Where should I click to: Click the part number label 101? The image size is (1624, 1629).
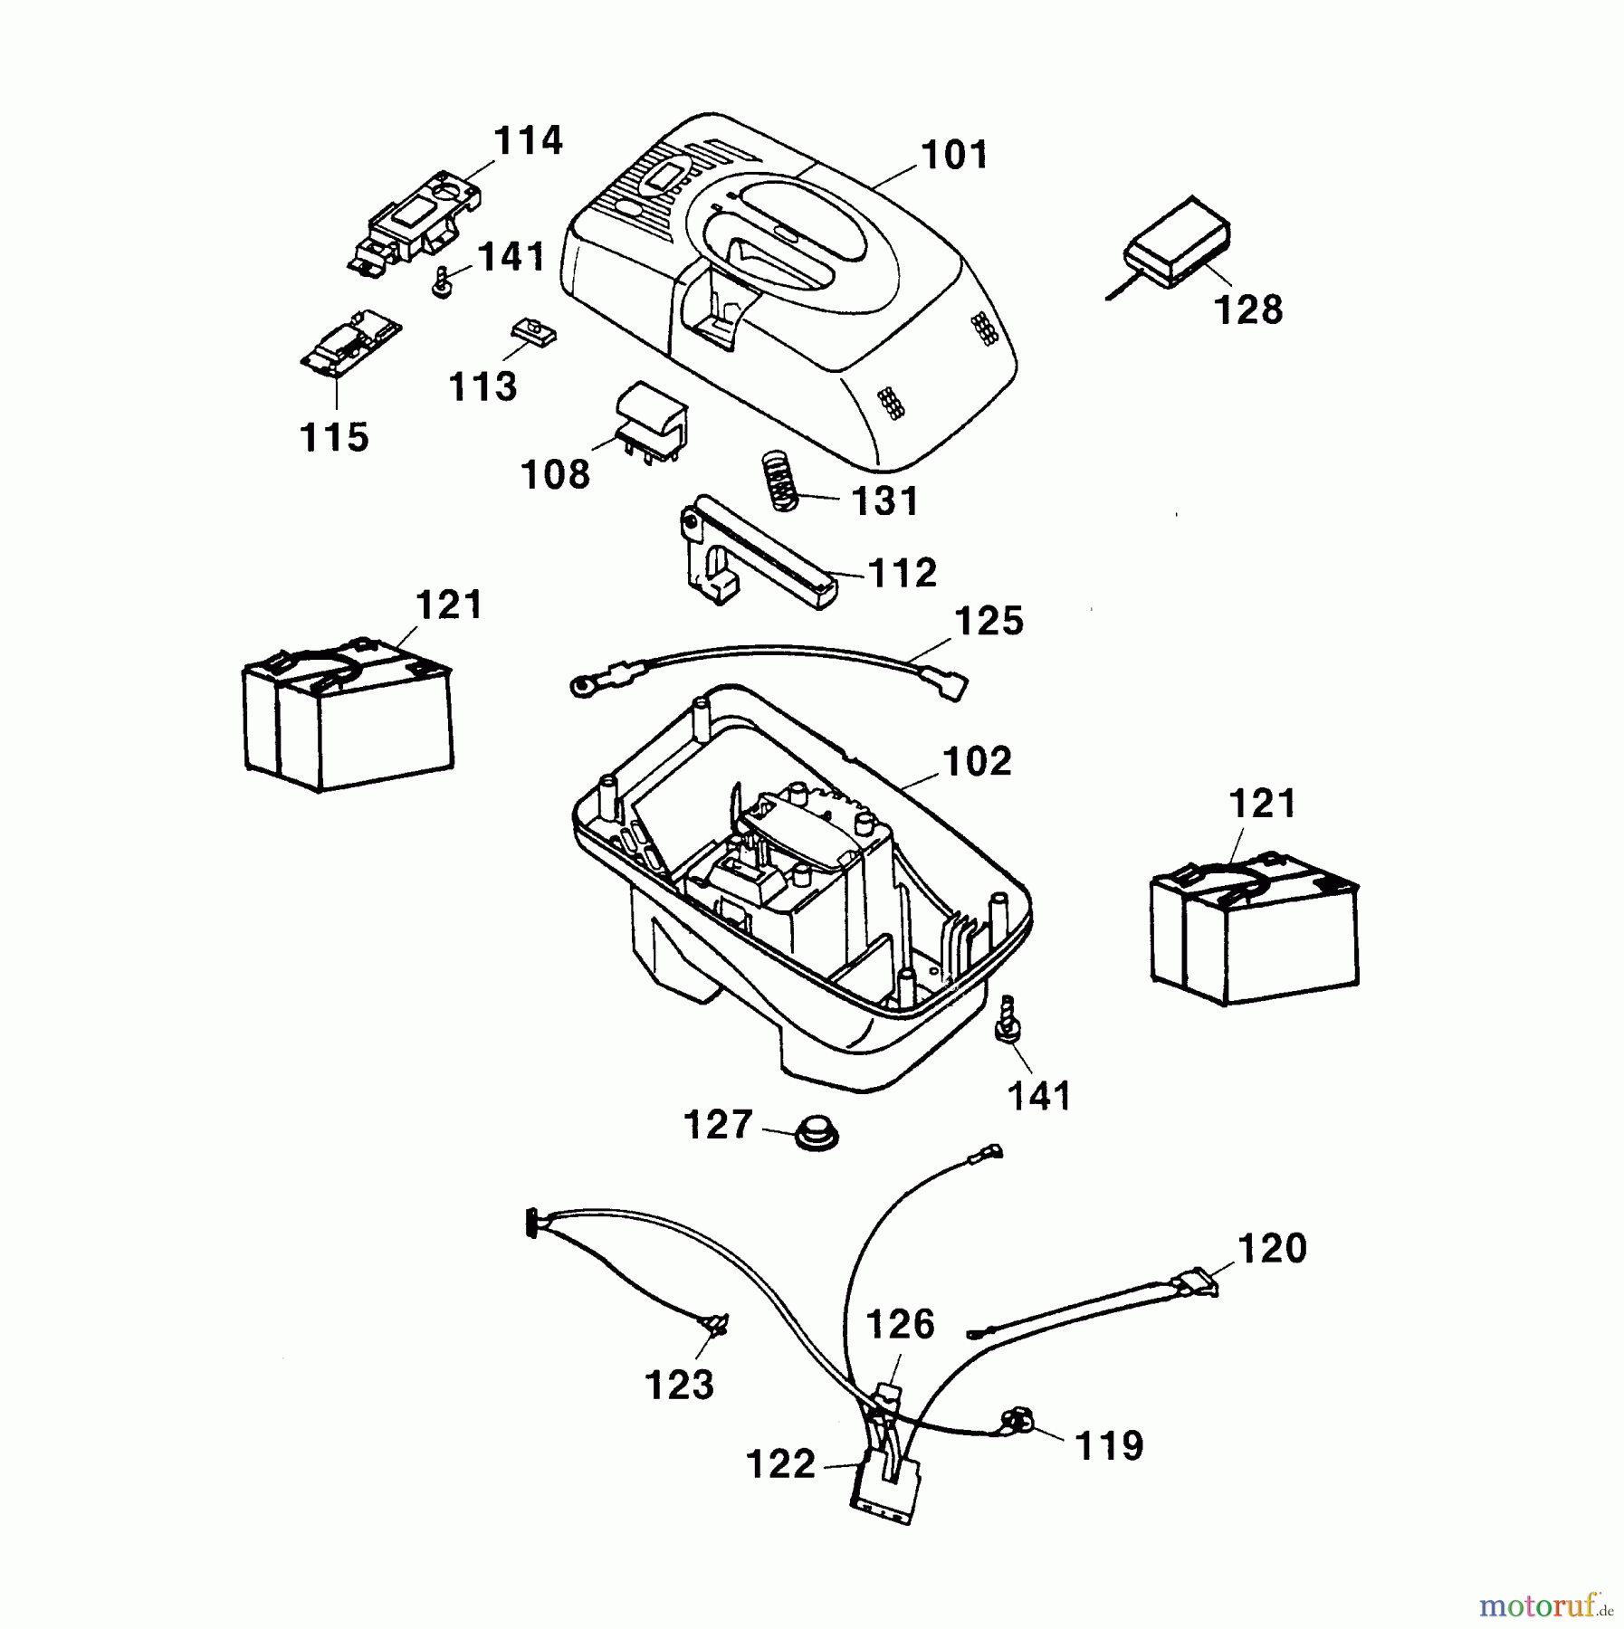click(x=955, y=156)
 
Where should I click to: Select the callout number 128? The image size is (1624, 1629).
click(x=1248, y=310)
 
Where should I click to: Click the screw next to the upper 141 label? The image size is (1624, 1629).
click(x=443, y=281)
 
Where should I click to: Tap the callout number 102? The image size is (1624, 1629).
click(x=977, y=762)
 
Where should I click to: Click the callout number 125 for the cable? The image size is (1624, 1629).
click(x=989, y=622)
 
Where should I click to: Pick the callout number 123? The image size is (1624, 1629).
click(x=679, y=1386)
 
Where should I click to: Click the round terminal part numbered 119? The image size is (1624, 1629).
click(x=1017, y=1422)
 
